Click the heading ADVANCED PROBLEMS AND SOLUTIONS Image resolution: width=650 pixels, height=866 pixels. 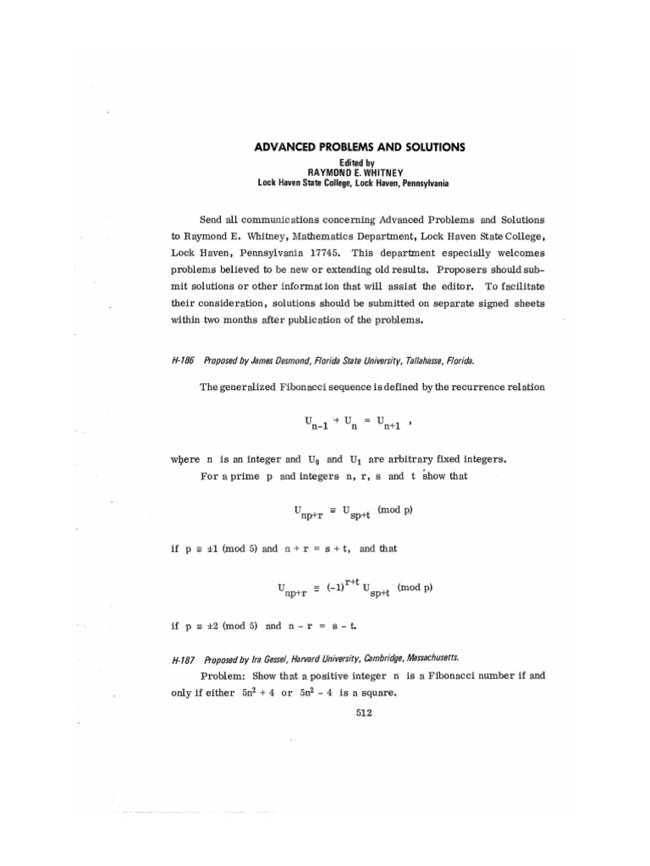pyautogui.click(x=360, y=147)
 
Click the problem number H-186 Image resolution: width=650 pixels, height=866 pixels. pyautogui.click(x=183, y=359)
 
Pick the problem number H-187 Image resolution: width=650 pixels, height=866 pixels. pyautogui.click(x=183, y=658)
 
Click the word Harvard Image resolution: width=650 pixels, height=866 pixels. pyautogui.click(x=318, y=658)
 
